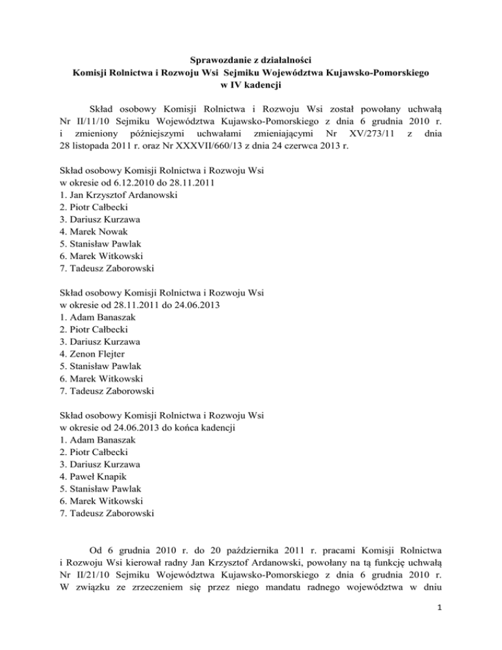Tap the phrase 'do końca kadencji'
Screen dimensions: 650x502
point(197,428)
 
